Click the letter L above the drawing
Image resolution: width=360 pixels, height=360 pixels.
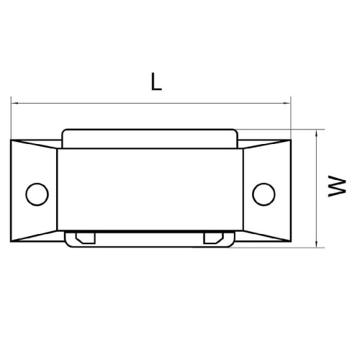[156, 82]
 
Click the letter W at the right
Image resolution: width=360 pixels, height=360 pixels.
[334, 189]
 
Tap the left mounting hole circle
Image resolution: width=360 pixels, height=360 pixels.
[35, 192]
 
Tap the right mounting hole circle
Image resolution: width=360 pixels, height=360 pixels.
[263, 192]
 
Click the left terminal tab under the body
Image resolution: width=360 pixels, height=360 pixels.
[84, 237]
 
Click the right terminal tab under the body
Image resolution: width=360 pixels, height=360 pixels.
[213, 237]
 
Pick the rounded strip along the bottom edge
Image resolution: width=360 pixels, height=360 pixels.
[150, 243]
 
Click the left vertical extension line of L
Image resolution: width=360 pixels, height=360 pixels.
[12, 119]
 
